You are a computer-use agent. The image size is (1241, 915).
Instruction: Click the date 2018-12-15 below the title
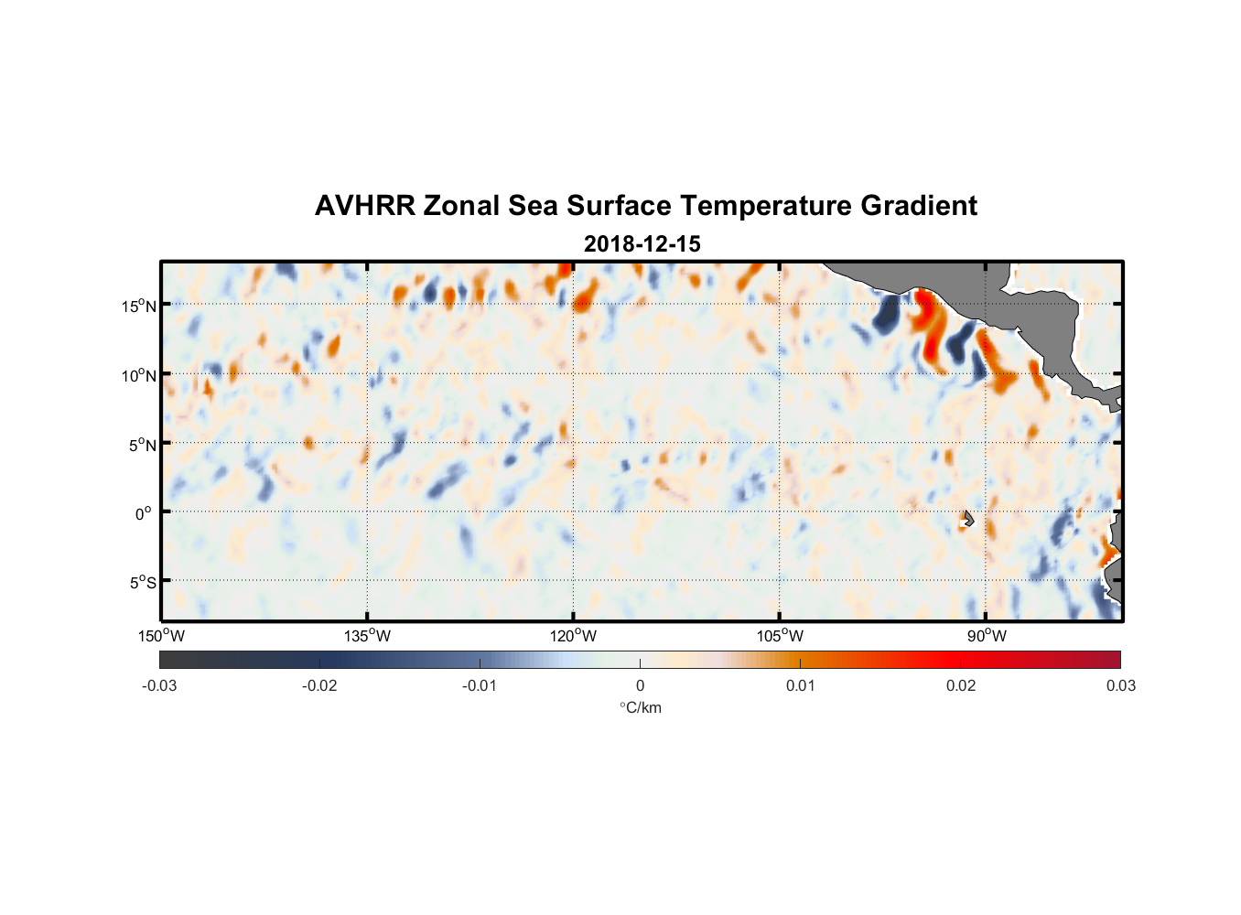coord(642,244)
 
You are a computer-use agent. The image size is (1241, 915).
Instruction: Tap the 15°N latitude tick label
coord(139,306)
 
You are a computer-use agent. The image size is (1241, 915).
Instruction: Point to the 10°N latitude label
coord(139,375)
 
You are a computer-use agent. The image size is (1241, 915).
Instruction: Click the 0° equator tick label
coord(144,513)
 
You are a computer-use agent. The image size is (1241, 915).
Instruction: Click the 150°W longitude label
coord(161,636)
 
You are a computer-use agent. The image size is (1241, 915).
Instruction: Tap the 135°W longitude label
coord(367,636)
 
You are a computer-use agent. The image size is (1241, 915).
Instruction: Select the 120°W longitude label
coord(573,636)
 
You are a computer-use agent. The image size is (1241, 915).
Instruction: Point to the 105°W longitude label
coord(780,636)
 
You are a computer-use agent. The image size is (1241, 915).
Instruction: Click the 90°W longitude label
coord(987,636)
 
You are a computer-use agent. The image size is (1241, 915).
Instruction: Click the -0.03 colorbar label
coord(159,685)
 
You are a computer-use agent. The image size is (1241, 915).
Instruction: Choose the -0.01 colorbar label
coord(479,685)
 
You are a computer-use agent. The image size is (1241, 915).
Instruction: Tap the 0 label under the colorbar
coord(640,685)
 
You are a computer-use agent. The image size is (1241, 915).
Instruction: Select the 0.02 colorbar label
coord(961,685)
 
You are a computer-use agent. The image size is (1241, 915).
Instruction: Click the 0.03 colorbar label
coord(1120,685)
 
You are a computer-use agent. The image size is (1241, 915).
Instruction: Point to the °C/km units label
coord(640,707)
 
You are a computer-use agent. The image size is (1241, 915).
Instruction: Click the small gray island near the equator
coord(968,519)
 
